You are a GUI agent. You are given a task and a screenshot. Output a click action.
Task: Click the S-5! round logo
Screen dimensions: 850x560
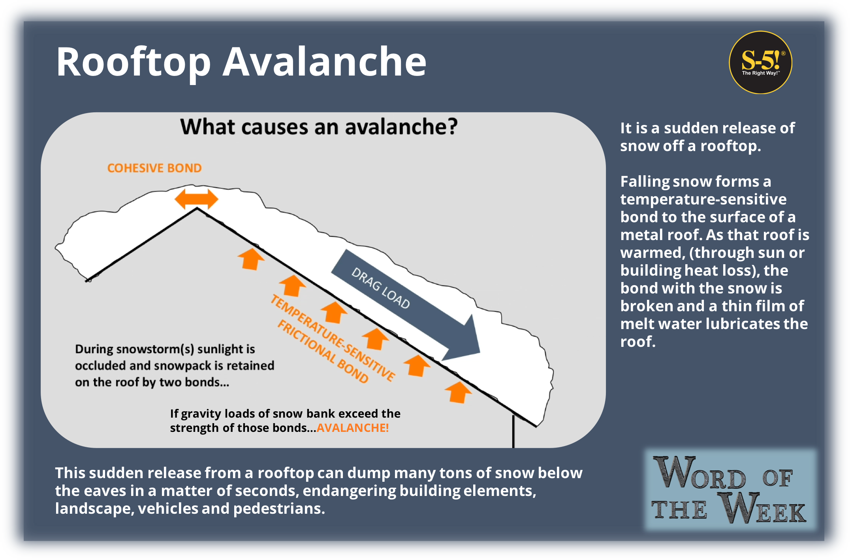(760, 62)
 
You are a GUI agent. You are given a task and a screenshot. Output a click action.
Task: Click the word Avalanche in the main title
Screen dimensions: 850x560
(325, 62)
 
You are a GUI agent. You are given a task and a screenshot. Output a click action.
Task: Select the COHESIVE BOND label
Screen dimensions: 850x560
(154, 168)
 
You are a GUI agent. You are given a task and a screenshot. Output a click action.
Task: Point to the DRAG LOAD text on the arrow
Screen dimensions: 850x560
(381, 288)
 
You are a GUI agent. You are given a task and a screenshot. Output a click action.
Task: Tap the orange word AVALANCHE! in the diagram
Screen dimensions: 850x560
(353, 428)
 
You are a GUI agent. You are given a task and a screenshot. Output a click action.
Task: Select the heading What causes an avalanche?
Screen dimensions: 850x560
(319, 127)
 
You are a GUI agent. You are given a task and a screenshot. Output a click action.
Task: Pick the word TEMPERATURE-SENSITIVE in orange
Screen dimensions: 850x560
(333, 338)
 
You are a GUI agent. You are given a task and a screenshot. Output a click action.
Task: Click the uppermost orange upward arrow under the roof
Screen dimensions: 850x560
(251, 259)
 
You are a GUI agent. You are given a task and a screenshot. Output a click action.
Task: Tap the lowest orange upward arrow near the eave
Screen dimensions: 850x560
(458, 392)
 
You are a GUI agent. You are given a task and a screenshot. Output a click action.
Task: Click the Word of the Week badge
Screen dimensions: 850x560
(730, 490)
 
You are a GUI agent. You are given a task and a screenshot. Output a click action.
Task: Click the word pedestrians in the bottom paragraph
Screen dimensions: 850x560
(279, 509)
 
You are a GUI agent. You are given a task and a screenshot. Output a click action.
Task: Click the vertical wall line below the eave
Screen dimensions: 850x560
(513, 431)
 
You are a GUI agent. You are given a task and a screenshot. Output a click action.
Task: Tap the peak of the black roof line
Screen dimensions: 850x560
(197, 208)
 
